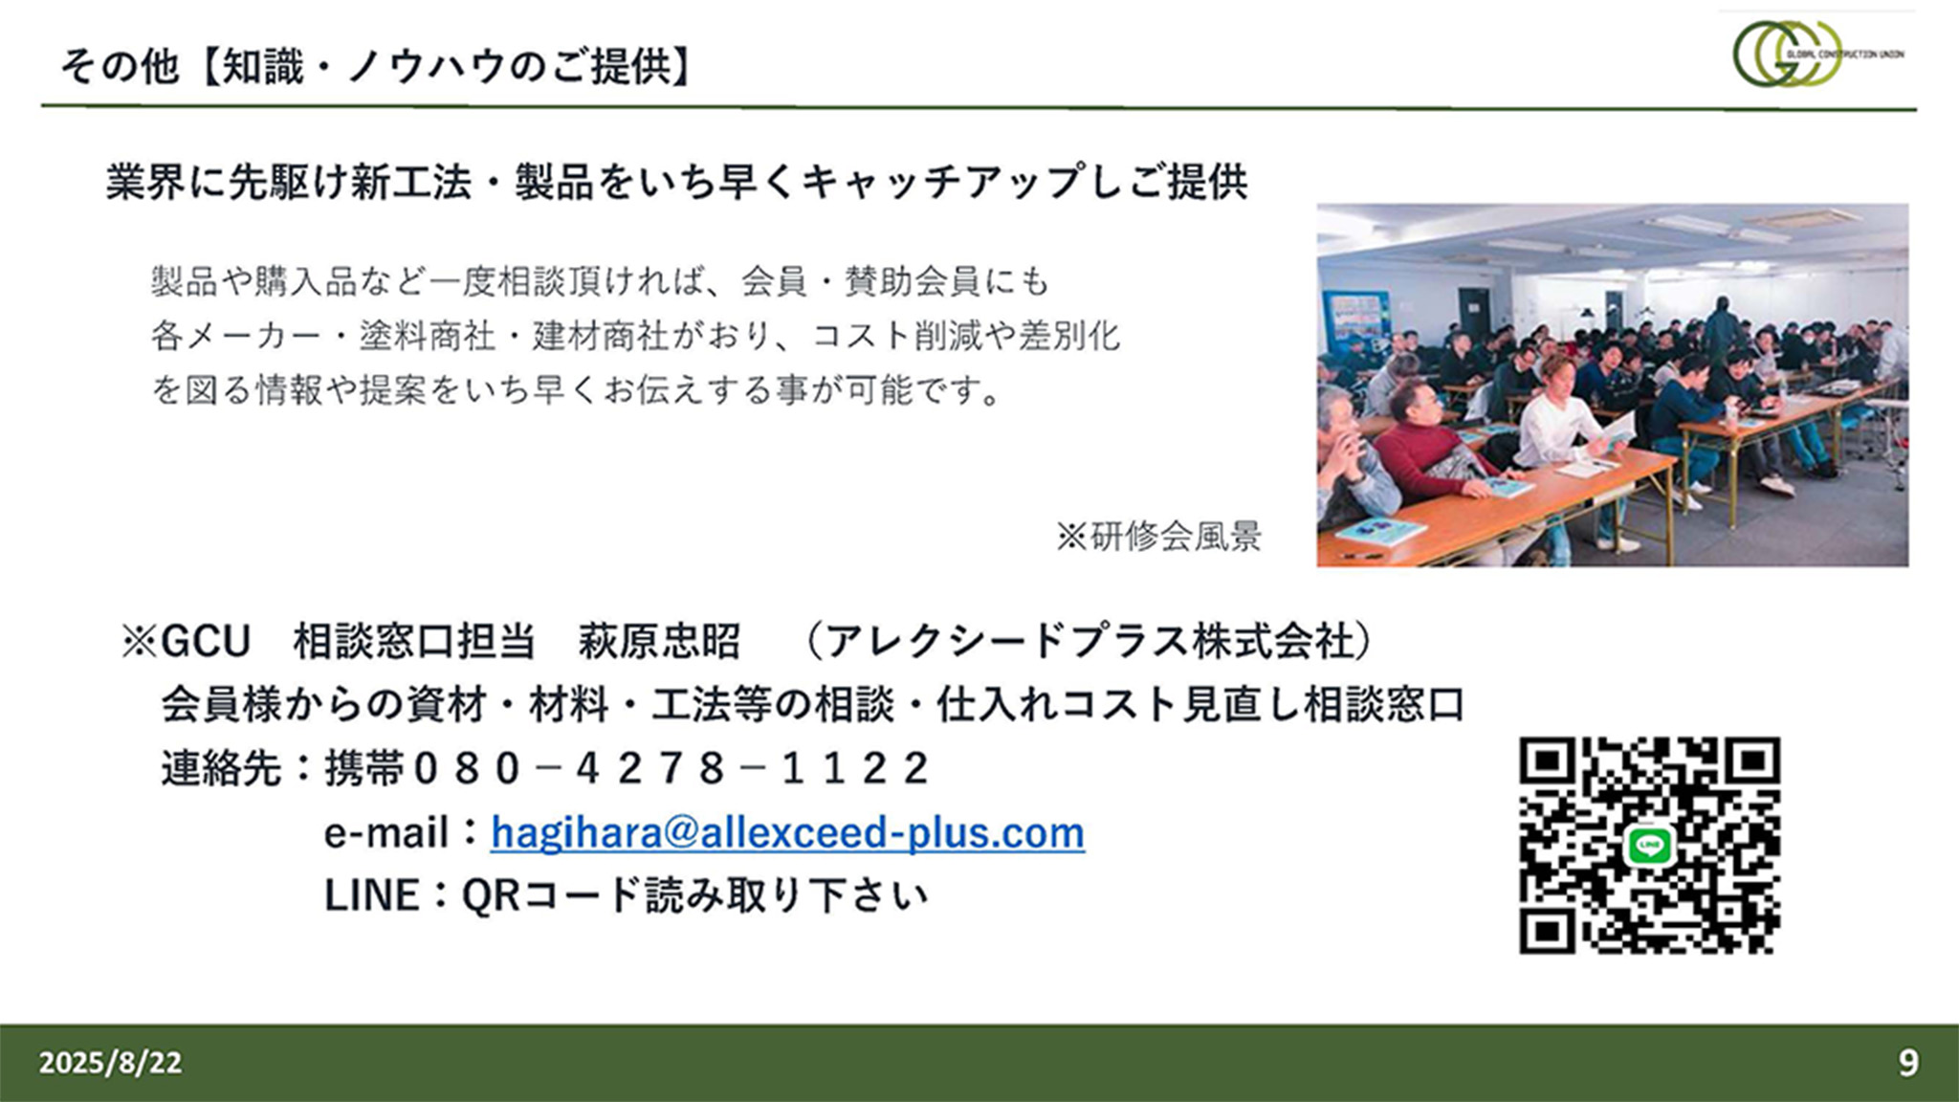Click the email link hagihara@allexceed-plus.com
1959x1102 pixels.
[787, 832]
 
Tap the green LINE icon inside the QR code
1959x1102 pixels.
[1648, 846]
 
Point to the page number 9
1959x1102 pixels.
[1908, 1063]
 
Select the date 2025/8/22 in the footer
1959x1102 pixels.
[110, 1063]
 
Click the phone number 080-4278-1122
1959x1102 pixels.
[671, 768]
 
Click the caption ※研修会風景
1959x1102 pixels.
[1158, 537]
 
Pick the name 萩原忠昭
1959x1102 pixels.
[659, 642]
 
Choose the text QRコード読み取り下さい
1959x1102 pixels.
[695, 895]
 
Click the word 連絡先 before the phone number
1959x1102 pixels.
[221, 768]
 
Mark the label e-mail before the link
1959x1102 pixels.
[385, 833]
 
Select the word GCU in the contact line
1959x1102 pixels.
[206, 642]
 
